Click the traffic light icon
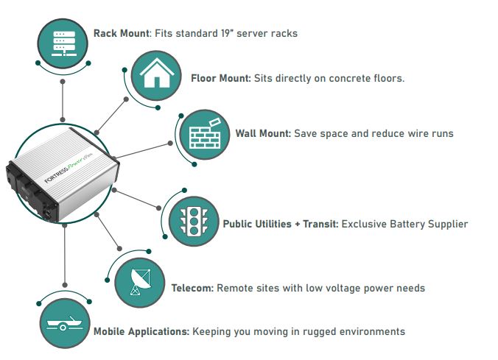click(x=194, y=221)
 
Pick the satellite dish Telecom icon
click(x=140, y=282)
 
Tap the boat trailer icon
click(x=64, y=323)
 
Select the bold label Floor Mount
click(x=220, y=77)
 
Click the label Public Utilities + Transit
click(x=281, y=224)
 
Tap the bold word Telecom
click(x=192, y=288)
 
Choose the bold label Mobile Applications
click(x=140, y=331)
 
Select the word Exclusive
click(x=365, y=224)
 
